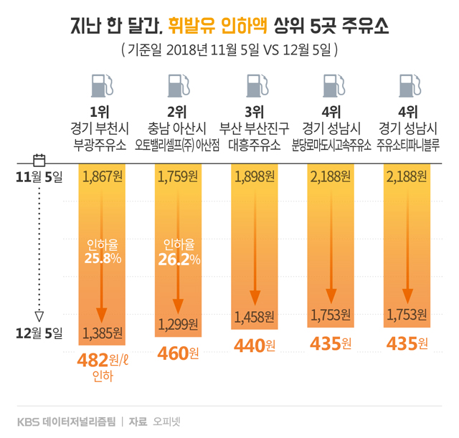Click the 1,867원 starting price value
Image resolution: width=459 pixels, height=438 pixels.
pos(103,177)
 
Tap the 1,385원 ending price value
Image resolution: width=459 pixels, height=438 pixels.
pos(103,333)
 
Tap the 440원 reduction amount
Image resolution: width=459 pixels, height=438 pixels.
pos(255,346)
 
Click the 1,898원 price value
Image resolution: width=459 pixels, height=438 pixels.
pos(255,177)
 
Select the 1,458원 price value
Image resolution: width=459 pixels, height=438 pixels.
pos(255,315)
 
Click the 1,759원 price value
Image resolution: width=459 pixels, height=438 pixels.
pos(179,177)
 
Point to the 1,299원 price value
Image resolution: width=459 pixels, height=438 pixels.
pos(179,324)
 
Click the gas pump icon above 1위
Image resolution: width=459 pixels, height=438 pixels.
pos(103,87)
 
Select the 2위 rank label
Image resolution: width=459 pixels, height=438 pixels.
pos(177,112)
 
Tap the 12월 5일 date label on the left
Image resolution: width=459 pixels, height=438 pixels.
pos(40,332)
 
